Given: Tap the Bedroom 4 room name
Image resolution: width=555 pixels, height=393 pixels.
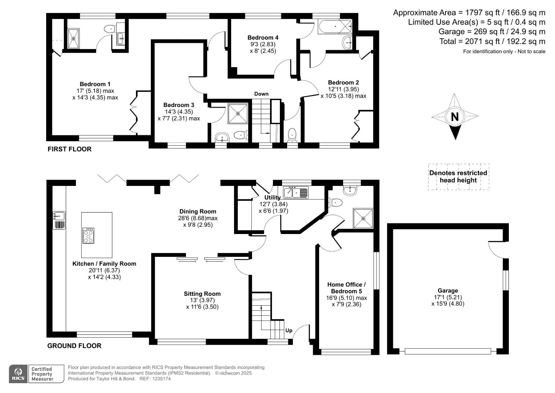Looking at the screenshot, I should click(x=263, y=37).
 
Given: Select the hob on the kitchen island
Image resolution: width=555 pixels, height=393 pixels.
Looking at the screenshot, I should click(x=88, y=236).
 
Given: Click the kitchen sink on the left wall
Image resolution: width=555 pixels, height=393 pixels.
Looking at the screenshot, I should click(x=59, y=216).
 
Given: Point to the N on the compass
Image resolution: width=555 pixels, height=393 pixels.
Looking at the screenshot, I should click(x=455, y=117).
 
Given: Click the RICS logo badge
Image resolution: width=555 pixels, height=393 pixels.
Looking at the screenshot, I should click(x=18, y=374).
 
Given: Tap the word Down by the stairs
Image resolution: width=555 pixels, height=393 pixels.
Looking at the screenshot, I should click(x=261, y=94).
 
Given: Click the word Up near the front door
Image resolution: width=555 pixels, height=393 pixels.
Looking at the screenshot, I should click(x=289, y=330).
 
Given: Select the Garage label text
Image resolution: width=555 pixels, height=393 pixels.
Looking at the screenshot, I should click(x=447, y=290).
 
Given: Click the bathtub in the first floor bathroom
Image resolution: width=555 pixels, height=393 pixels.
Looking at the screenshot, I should click(x=335, y=27).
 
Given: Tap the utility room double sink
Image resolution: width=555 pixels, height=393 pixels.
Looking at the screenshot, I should click(x=296, y=192).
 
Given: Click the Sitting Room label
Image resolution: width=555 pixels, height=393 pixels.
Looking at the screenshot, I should click(x=202, y=294).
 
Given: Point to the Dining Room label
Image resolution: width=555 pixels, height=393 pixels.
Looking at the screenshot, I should click(x=198, y=211).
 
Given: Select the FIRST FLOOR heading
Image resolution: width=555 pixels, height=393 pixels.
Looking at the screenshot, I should click(x=69, y=149).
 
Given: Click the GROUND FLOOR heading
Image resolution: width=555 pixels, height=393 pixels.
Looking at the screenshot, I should click(x=74, y=346).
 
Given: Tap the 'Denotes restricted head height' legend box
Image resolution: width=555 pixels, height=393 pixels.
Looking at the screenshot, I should click(x=458, y=176).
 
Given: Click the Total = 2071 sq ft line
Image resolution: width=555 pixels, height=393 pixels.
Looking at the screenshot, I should click(x=492, y=41).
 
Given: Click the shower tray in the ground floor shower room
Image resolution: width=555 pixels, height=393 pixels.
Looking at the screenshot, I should click(x=363, y=218).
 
